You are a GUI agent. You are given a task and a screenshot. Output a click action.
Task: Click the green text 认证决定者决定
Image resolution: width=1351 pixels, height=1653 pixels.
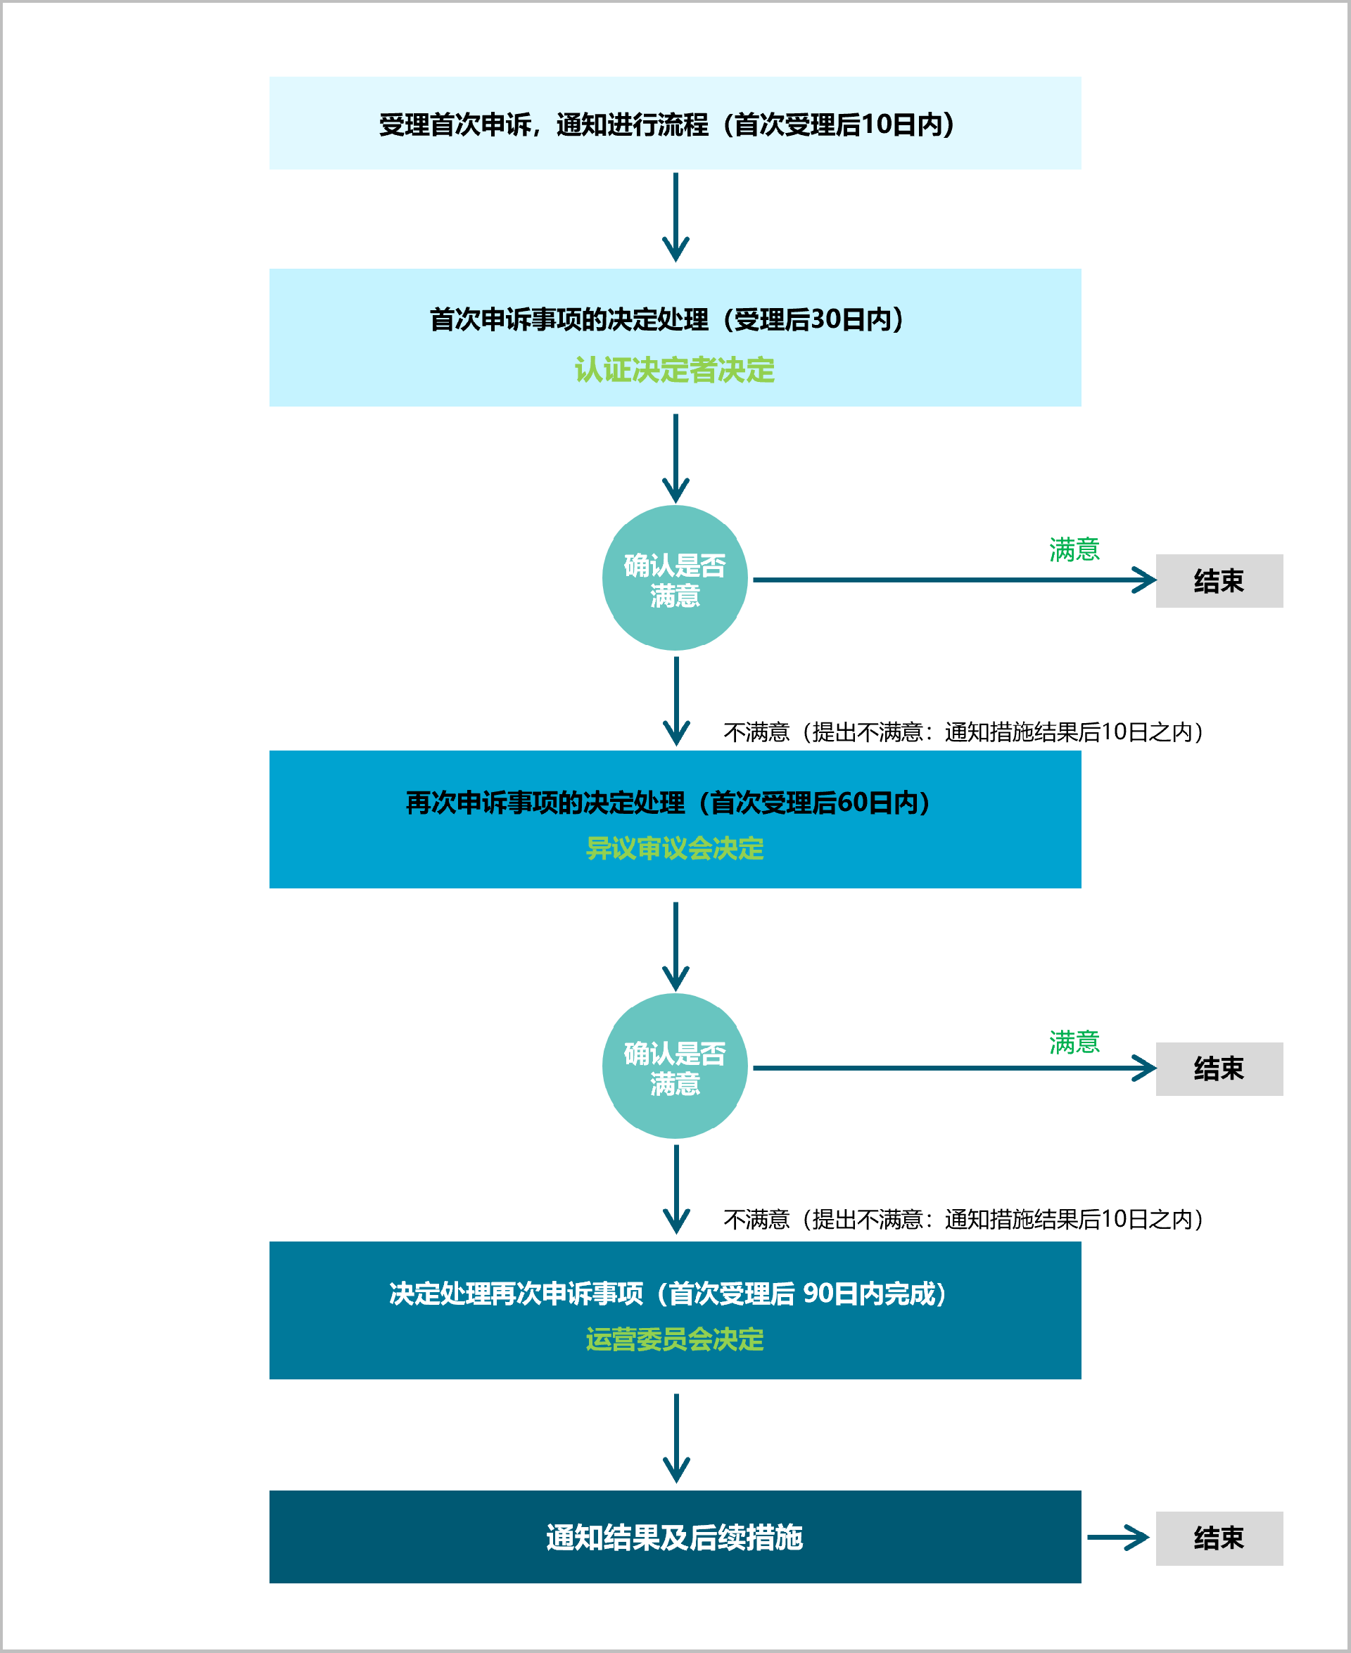click(x=674, y=369)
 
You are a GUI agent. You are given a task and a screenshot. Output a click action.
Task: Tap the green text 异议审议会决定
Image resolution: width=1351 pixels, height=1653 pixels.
click(x=674, y=848)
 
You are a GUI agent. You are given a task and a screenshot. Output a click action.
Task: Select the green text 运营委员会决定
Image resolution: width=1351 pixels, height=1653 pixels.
click(x=674, y=1339)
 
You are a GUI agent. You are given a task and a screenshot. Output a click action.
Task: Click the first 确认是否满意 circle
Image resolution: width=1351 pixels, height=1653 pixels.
click(x=675, y=578)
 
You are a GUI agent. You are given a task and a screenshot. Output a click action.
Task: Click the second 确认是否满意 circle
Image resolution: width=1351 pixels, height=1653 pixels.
click(x=675, y=1066)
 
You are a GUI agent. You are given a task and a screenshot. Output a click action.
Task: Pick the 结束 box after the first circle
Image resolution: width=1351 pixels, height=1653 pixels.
click(x=1219, y=580)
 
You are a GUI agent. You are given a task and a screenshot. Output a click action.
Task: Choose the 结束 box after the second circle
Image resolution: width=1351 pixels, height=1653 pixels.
click(x=1219, y=1068)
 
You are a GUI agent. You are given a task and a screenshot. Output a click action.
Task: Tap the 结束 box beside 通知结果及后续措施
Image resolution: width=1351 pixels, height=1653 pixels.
click(x=1219, y=1538)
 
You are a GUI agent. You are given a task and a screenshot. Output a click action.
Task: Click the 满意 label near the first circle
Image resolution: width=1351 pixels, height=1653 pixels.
click(x=1074, y=549)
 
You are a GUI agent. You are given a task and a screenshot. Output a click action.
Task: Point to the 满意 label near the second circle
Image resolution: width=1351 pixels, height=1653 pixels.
click(x=1074, y=1042)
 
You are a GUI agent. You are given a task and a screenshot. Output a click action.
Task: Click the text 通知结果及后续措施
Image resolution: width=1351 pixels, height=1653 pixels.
click(x=674, y=1537)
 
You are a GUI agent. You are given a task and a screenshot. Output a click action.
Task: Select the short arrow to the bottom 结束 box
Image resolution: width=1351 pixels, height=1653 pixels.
click(x=1117, y=1537)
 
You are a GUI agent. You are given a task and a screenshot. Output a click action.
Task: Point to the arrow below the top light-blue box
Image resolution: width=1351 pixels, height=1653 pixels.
click(x=675, y=218)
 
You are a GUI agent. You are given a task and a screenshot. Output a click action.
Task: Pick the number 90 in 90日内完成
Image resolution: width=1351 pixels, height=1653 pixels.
click(x=820, y=1293)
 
